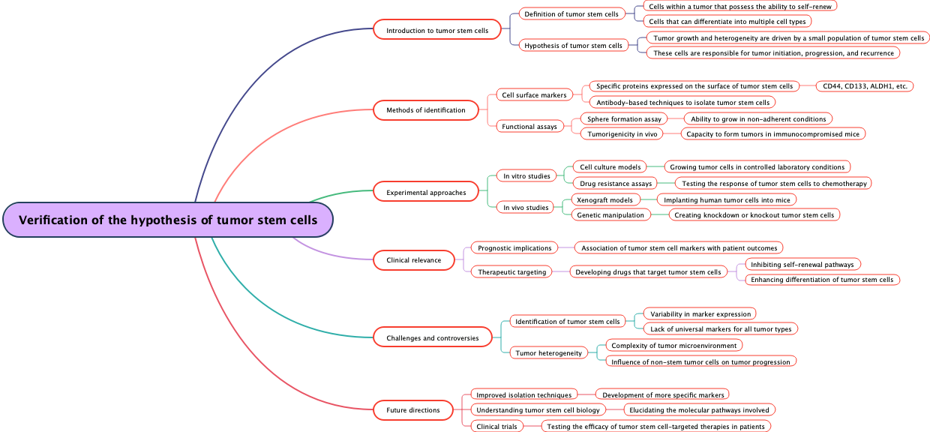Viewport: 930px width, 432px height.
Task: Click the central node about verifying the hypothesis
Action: point(168,220)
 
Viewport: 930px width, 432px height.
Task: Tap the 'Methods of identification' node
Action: point(425,110)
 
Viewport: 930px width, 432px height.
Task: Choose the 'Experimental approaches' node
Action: point(425,193)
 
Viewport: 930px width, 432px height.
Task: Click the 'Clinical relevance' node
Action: point(414,260)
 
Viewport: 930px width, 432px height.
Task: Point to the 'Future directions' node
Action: point(412,410)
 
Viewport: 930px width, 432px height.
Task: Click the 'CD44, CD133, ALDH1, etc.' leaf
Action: point(864,86)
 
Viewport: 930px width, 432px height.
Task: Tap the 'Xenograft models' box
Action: point(605,199)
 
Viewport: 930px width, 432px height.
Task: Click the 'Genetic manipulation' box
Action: point(610,215)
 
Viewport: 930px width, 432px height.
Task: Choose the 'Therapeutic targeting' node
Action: point(512,271)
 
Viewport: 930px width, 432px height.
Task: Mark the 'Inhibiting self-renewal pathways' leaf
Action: point(802,264)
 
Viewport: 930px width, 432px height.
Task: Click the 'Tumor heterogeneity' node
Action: point(548,352)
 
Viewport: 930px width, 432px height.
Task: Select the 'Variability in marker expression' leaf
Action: point(700,313)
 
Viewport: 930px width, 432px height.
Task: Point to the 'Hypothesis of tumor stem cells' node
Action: point(573,46)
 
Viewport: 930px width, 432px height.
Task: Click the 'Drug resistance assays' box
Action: point(615,184)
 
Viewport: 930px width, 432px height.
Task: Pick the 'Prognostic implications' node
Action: point(514,247)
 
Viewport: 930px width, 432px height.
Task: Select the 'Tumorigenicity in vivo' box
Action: point(622,134)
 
